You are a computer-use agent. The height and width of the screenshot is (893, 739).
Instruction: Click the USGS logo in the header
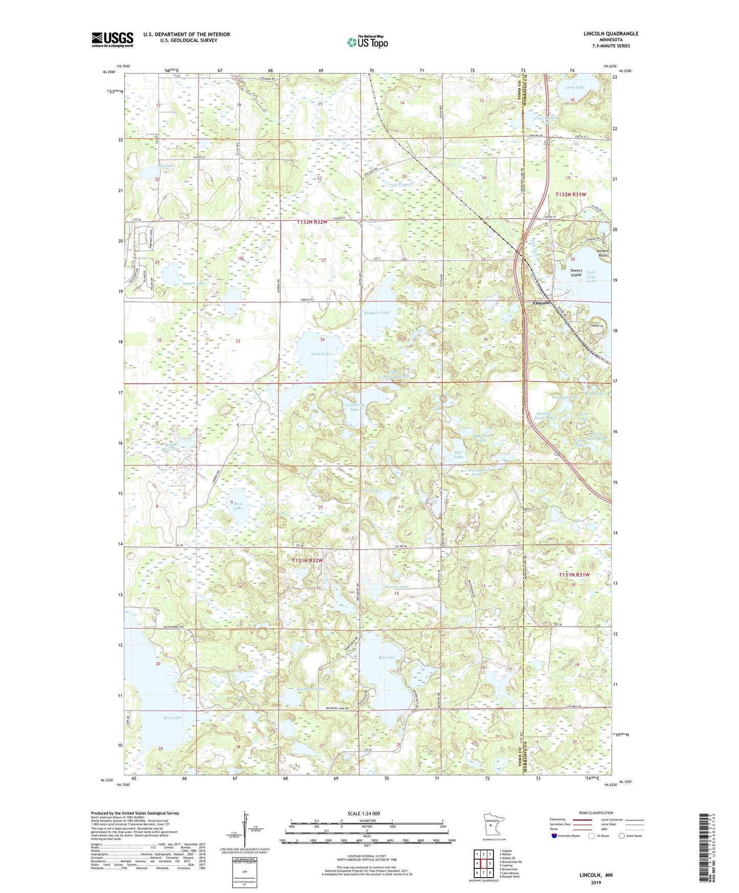click(113, 39)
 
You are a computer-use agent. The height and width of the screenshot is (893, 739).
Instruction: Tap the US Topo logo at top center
click(367, 42)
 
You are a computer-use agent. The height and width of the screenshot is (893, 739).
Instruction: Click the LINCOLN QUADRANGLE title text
click(611, 34)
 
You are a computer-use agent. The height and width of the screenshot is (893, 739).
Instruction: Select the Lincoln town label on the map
click(541, 303)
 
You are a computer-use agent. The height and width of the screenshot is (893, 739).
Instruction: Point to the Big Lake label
click(387, 657)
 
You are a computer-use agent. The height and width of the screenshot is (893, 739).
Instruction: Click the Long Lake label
click(321, 354)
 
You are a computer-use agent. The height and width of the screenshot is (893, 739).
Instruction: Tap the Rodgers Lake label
click(376, 312)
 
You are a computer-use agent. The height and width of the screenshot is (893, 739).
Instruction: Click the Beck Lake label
click(238, 506)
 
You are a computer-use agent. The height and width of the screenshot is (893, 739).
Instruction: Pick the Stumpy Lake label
click(397, 587)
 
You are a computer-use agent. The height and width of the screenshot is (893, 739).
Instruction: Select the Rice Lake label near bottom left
click(172, 718)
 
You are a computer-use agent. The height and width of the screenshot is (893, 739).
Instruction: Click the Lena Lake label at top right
click(575, 87)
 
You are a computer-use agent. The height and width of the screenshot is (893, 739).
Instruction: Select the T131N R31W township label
click(574, 575)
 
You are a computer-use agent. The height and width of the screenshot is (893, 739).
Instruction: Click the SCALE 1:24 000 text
click(364, 814)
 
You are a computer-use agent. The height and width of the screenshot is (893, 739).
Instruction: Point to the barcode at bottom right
click(708, 847)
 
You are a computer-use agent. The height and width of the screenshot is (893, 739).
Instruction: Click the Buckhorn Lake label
click(310, 689)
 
